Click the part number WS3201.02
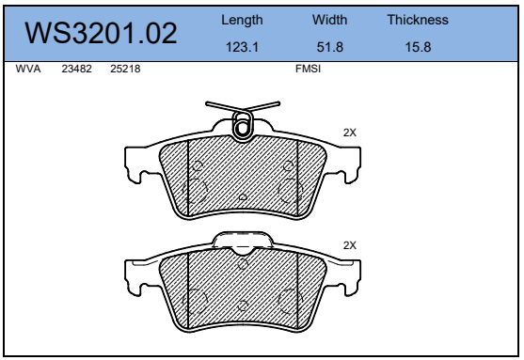point(101,33)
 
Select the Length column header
point(242,21)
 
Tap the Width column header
point(330,20)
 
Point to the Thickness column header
point(418,20)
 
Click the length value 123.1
point(242,47)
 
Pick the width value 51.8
point(330,47)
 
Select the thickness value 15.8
point(418,47)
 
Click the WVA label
point(28,69)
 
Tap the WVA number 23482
point(76,69)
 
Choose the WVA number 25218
point(125,69)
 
